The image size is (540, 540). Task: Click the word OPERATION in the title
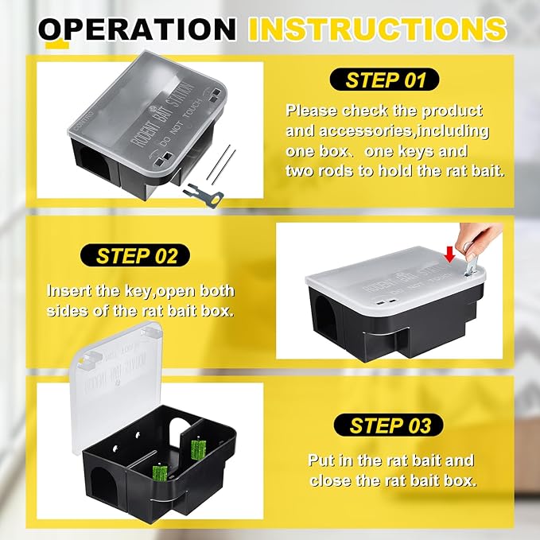(138, 29)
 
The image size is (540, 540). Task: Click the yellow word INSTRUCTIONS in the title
(377, 29)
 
